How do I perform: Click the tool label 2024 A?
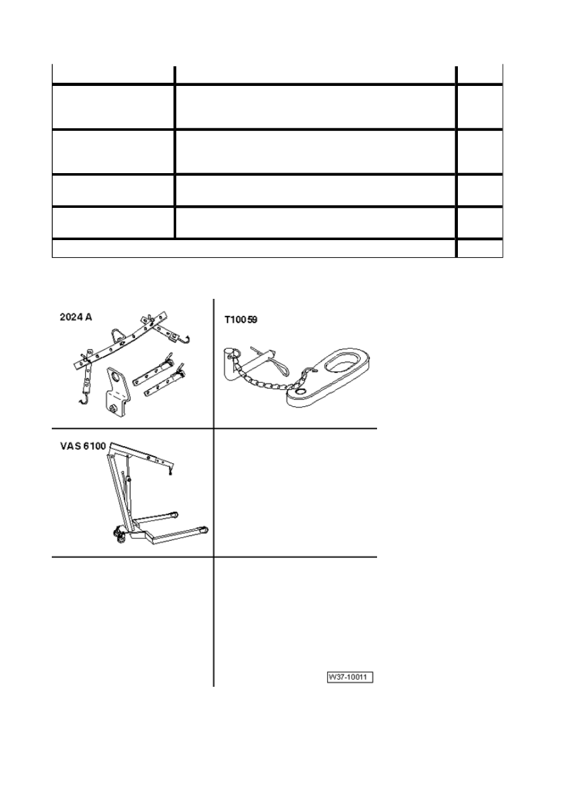[76, 317]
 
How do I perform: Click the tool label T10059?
[241, 320]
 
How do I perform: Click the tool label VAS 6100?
[83, 445]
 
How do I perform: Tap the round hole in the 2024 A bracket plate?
[116, 376]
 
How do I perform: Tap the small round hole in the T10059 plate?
[301, 392]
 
